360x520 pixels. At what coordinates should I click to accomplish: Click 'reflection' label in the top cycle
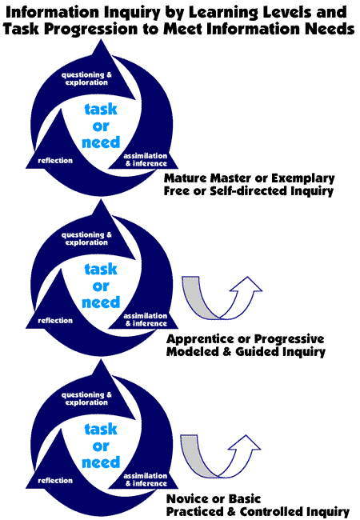pyautogui.click(x=55, y=161)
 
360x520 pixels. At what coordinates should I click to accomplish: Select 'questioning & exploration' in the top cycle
pyautogui.click(x=86, y=78)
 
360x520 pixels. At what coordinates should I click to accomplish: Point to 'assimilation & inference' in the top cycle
pyautogui.click(x=145, y=159)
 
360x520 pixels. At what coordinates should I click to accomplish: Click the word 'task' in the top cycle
pyautogui.click(x=101, y=109)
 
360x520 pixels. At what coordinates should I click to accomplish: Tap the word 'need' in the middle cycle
pyautogui.click(x=101, y=302)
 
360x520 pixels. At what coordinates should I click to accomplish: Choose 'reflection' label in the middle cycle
pyautogui.click(x=55, y=320)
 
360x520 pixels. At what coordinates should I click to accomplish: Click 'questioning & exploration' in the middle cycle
pyautogui.click(x=86, y=238)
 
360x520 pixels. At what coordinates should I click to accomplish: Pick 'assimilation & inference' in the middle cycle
pyautogui.click(x=145, y=319)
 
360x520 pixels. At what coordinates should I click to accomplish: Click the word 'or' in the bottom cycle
pyautogui.click(x=101, y=446)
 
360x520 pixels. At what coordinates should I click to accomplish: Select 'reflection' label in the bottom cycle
pyautogui.click(x=55, y=480)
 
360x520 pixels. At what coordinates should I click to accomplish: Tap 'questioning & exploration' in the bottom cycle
pyautogui.click(x=86, y=398)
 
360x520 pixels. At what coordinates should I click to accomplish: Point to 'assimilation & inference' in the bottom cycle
pyautogui.click(x=145, y=479)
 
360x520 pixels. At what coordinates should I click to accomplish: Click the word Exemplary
pyautogui.click(x=303, y=178)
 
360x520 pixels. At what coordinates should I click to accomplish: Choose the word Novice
pyautogui.click(x=189, y=498)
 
